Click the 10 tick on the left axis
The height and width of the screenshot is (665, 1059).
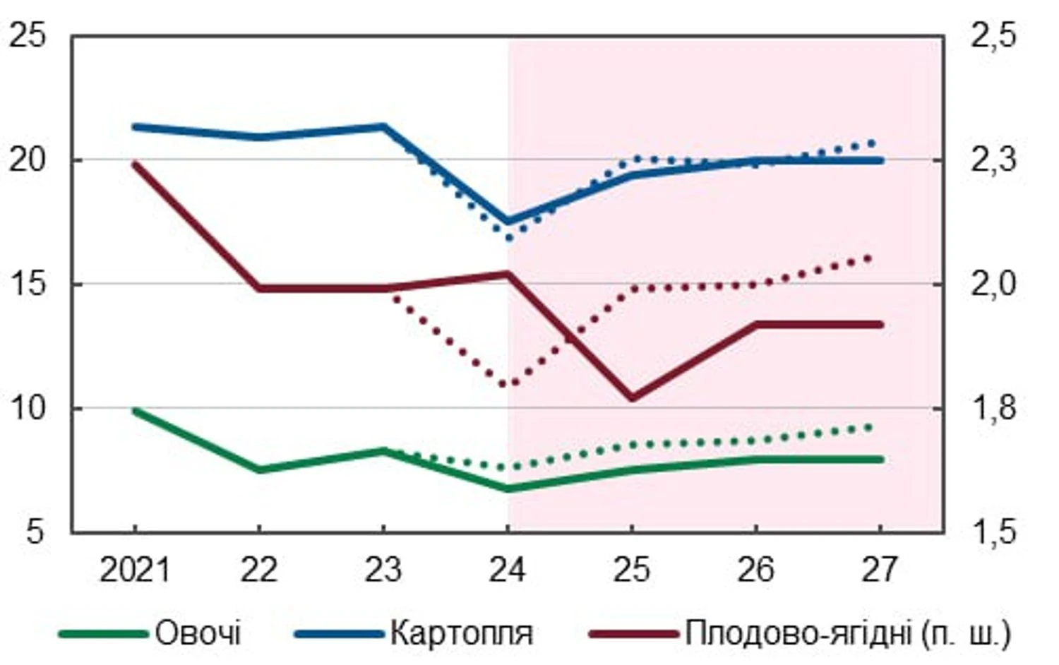27,408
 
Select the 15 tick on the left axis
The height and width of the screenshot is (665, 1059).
27,284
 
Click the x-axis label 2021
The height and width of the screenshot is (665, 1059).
135,570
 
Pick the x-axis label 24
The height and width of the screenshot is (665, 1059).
508,570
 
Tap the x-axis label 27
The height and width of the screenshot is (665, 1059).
880,570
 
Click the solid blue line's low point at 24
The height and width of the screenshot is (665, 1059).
508,222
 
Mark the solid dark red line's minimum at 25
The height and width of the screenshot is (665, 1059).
632,398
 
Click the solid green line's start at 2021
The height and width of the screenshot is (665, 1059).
135,410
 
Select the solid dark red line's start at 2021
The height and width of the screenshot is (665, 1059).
135,164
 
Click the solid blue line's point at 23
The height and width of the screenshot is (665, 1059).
383,126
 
